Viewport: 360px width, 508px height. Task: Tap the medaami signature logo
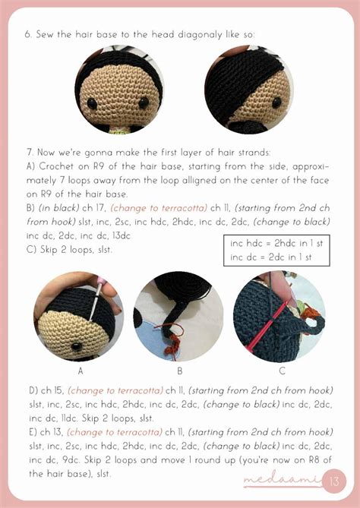point(282,481)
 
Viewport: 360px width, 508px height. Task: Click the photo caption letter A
point(80,371)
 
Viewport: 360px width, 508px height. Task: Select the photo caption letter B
point(180,371)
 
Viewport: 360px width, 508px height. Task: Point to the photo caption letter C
point(282,371)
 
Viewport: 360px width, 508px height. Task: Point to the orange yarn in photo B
point(172,333)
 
